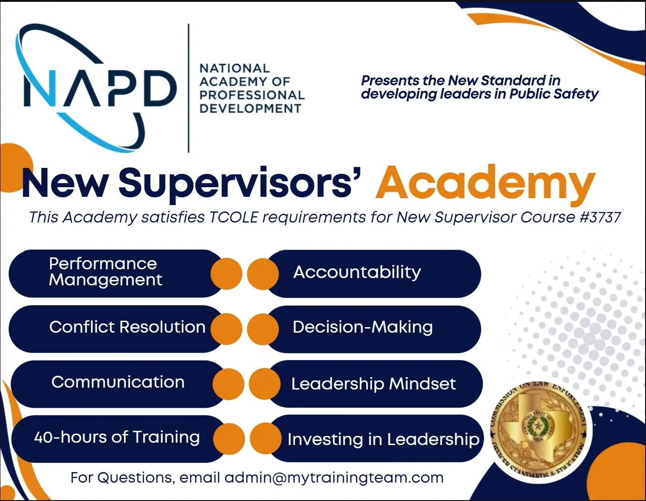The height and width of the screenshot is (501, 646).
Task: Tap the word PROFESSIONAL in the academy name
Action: point(252,95)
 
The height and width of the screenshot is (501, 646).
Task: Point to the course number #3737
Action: point(600,217)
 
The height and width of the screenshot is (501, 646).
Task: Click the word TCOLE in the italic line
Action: point(234,217)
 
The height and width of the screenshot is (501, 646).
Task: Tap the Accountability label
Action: point(357,272)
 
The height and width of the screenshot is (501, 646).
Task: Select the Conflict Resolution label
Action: point(127,327)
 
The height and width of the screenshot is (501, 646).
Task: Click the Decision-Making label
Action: point(362,327)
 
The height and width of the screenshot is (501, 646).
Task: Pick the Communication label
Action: point(118,382)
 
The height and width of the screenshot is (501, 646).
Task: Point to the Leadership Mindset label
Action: point(373,384)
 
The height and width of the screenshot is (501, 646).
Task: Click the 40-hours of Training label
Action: point(117,437)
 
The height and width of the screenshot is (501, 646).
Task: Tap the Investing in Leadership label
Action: point(383,439)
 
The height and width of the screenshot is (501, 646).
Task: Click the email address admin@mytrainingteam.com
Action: point(334,478)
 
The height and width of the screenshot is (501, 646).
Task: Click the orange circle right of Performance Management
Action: point(226,274)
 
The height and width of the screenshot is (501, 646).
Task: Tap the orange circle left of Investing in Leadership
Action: point(266,439)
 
